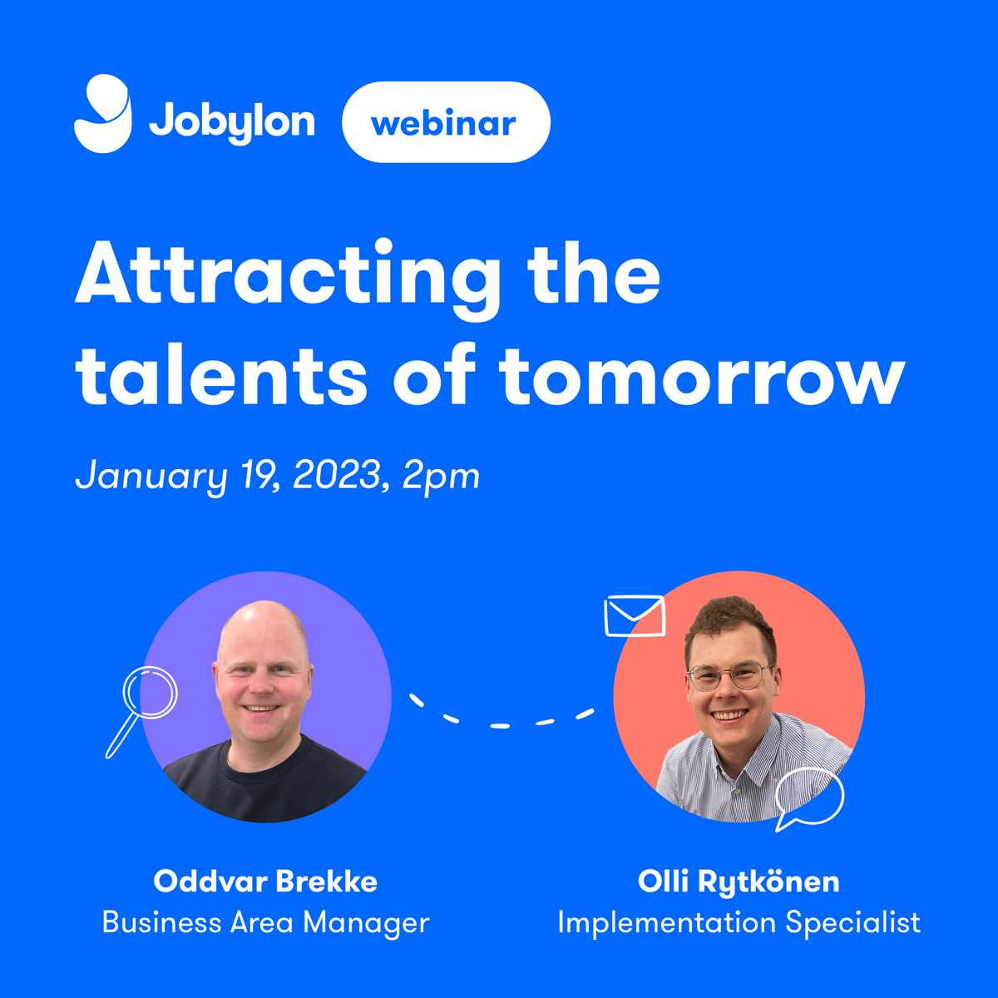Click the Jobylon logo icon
[x=103, y=114]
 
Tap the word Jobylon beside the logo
[x=232, y=122]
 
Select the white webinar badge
[x=446, y=122]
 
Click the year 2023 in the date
[x=337, y=476]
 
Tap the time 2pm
[x=442, y=477]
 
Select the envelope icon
[x=635, y=616]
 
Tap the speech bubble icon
[x=808, y=798]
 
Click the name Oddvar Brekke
[x=265, y=882]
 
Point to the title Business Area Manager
[x=265, y=922]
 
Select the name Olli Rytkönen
[x=739, y=882]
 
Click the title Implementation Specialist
[x=739, y=922]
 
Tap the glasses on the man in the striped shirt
[x=729, y=677]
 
